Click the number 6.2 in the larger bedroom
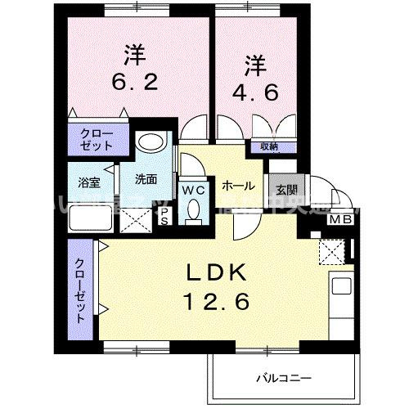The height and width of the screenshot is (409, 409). click(x=135, y=82)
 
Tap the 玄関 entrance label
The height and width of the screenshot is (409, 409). click(x=286, y=191)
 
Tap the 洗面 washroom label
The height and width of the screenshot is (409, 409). click(x=146, y=179)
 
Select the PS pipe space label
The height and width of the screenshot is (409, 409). click(x=164, y=215)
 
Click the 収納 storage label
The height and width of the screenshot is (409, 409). click(x=268, y=147)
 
